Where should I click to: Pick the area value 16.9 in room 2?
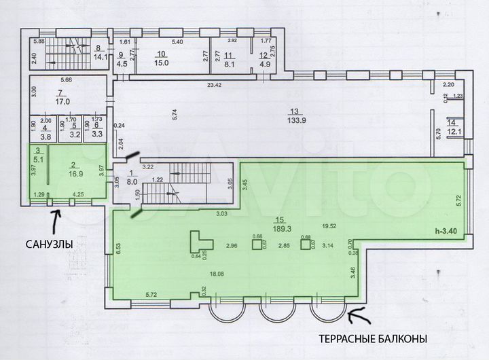(73, 173)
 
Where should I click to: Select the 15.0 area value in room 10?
(162, 63)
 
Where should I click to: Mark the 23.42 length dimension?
(215, 85)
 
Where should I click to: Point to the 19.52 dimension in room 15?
(329, 226)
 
